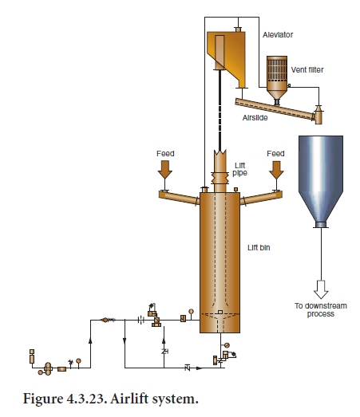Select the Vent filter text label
[307, 70]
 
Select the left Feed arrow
[165, 169]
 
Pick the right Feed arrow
[275, 169]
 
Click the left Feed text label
[165, 153]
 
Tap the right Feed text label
[275, 153]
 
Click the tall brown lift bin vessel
[219, 255]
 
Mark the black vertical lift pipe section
[218, 112]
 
